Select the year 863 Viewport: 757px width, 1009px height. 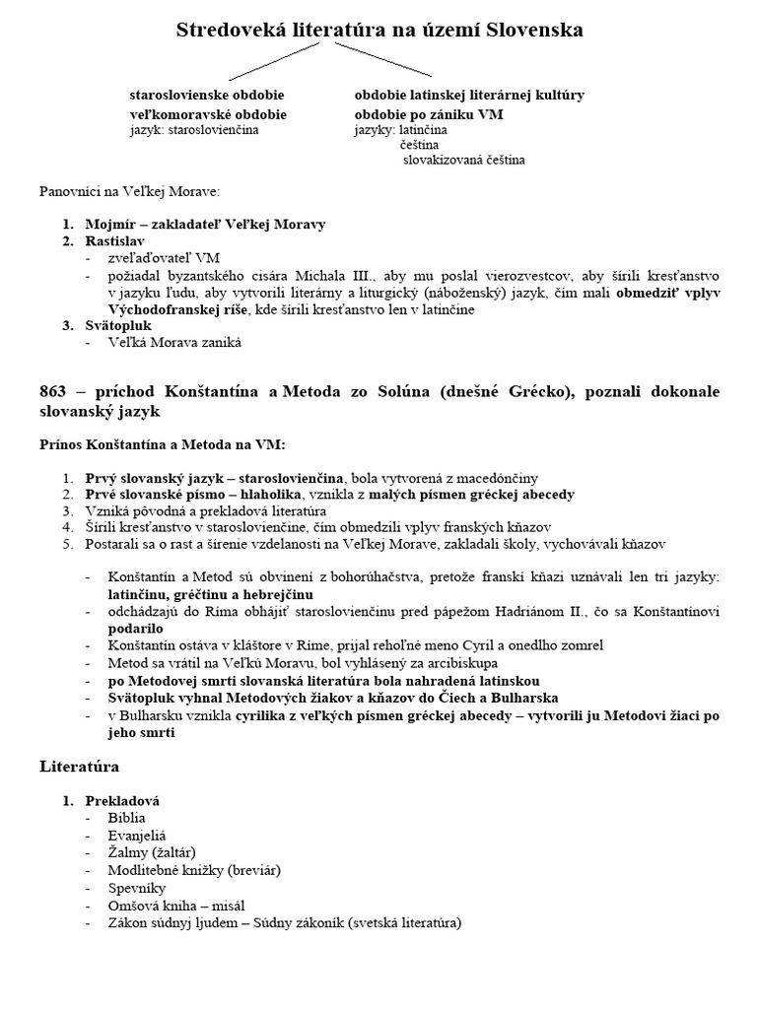57,392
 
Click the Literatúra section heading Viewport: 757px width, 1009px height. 80,765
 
